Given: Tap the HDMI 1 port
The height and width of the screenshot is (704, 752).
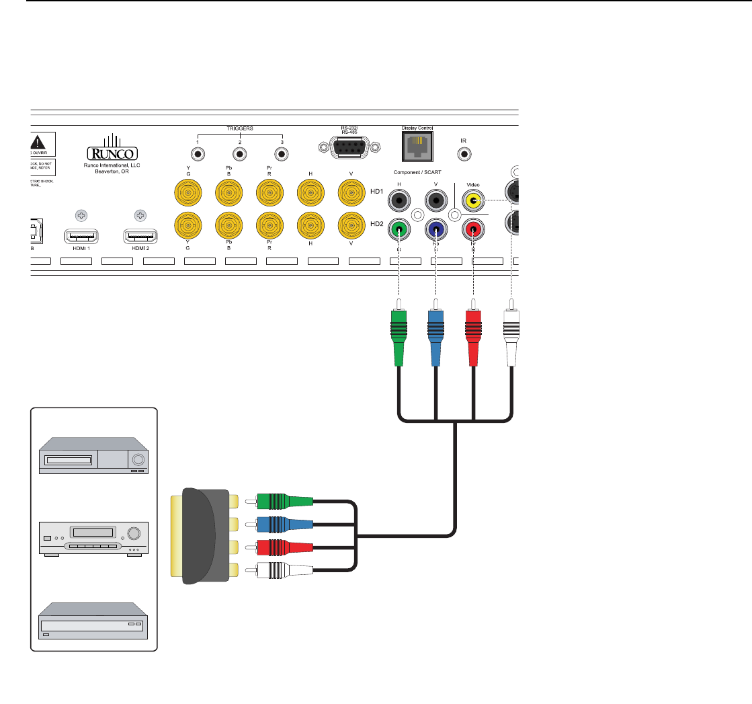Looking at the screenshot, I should (81, 237).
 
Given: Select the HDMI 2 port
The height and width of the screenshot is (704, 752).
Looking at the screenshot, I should (140, 237).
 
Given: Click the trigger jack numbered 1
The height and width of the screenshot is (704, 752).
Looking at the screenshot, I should (198, 155).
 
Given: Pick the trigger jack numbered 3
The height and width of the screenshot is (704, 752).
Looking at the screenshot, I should (282, 155).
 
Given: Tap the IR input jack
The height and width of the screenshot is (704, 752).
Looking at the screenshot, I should (464, 154).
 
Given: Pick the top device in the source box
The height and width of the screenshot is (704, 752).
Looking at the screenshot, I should (94, 456).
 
